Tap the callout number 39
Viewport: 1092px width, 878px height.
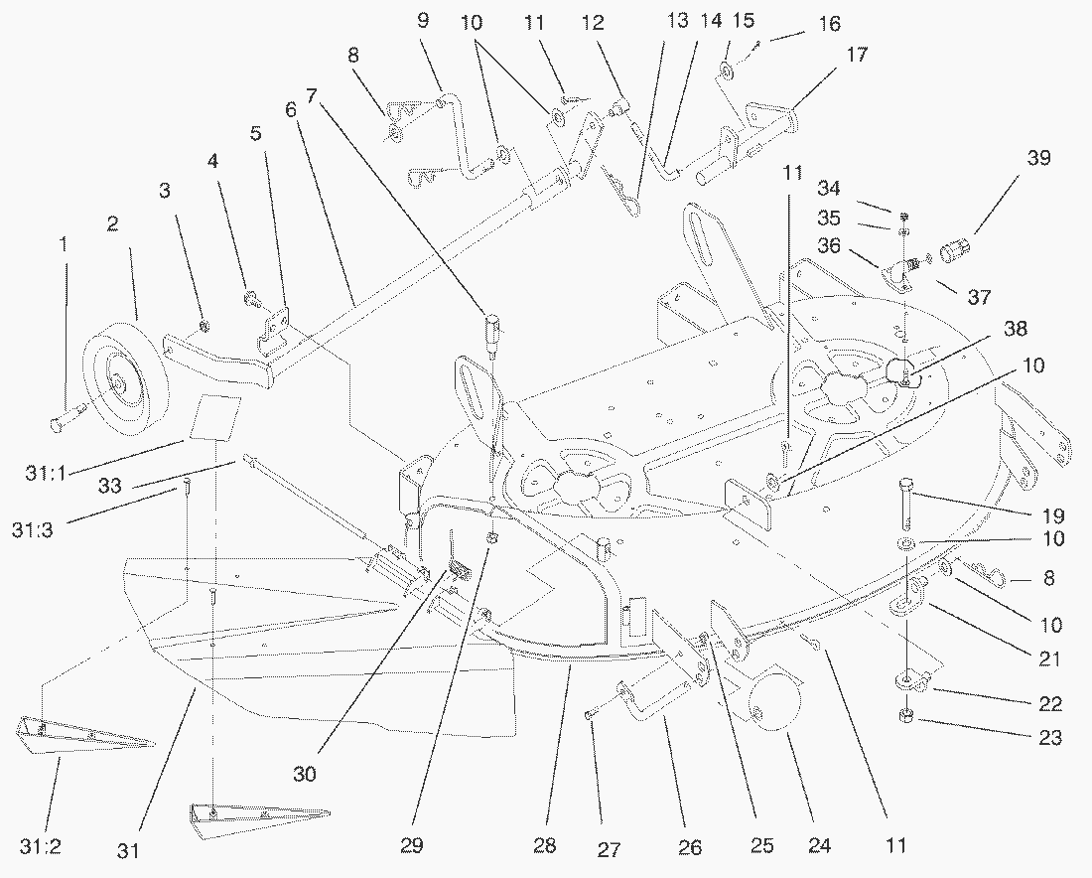click(x=1038, y=159)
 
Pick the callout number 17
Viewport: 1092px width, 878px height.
click(x=856, y=56)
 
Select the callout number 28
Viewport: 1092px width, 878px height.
click(x=544, y=847)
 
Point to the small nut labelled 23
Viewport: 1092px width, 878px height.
click(x=906, y=718)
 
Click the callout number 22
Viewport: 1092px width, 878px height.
click(x=1050, y=704)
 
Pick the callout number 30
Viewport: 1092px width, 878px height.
click(x=305, y=775)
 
